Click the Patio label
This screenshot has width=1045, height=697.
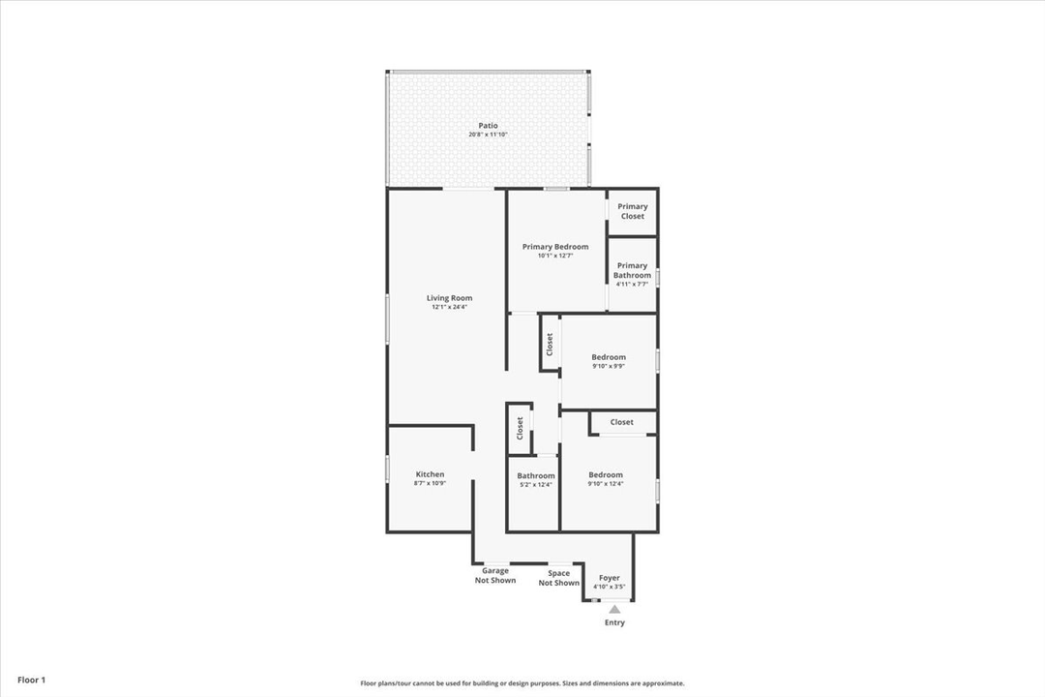(488, 126)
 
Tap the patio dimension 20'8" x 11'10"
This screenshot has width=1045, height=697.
(488, 135)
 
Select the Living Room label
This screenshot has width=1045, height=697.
(449, 298)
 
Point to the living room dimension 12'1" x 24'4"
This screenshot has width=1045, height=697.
(449, 308)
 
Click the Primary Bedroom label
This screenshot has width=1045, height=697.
(555, 247)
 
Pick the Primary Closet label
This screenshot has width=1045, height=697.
(633, 211)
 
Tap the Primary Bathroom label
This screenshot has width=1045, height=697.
(632, 270)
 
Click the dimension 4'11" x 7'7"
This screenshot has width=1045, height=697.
(632, 285)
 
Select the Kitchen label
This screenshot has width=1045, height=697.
(430, 474)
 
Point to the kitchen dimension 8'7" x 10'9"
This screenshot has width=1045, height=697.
(430, 483)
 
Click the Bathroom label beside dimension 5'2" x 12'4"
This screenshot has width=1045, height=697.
(536, 475)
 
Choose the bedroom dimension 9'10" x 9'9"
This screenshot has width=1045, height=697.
(609, 366)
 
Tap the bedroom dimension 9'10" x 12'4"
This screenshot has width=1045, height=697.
(606, 484)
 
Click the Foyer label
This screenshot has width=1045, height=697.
(610, 578)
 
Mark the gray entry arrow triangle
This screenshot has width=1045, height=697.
(614, 609)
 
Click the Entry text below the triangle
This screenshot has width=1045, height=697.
(614, 622)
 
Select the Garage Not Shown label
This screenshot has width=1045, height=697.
(495, 576)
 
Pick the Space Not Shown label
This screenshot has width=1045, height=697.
(559, 578)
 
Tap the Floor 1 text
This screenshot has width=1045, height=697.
(31, 681)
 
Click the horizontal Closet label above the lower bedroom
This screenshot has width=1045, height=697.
(622, 422)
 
